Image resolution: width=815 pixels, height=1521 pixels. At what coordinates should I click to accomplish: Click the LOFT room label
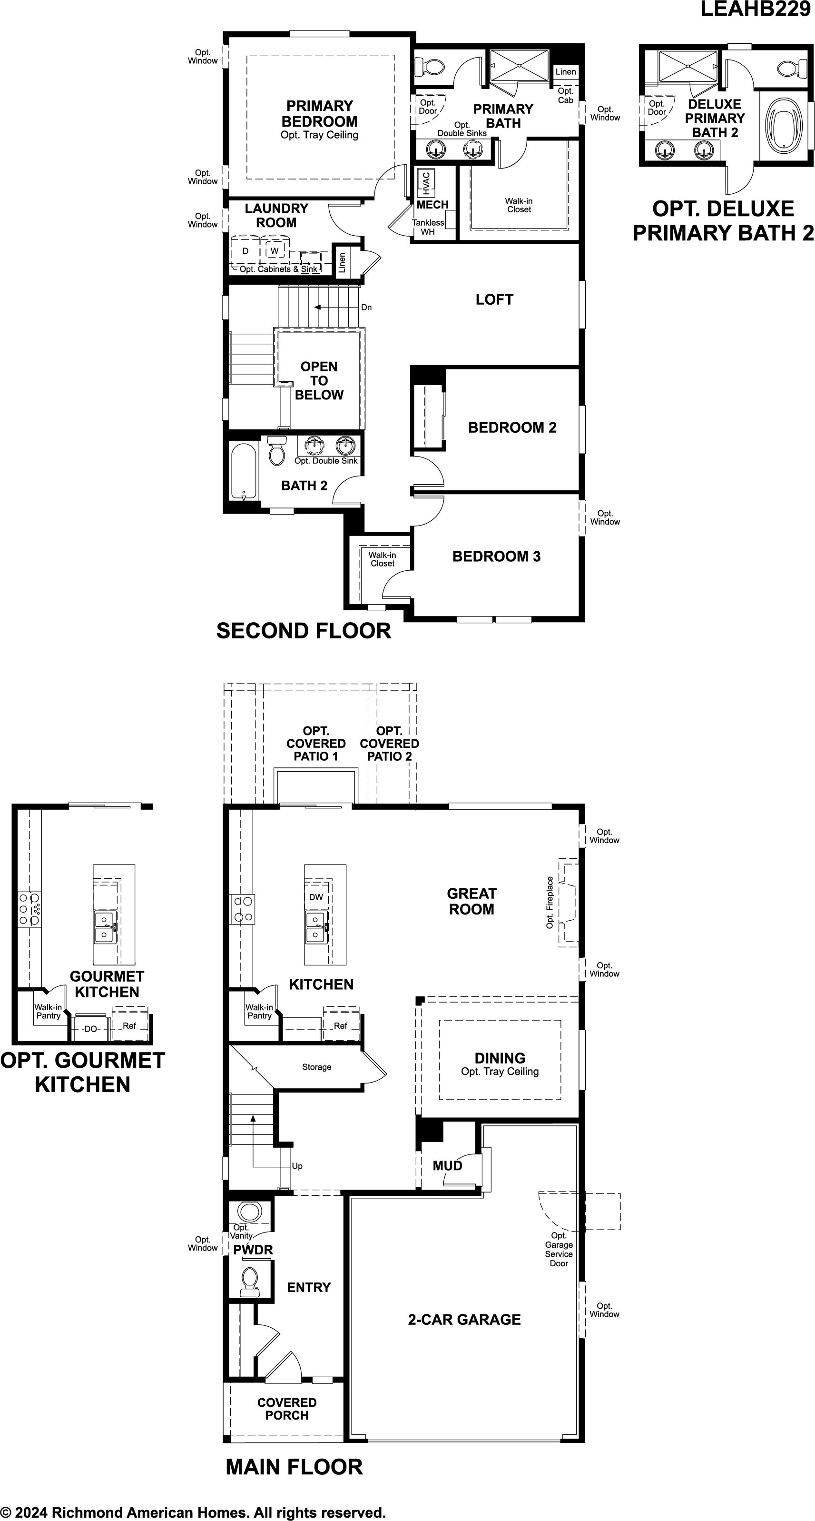[x=494, y=299]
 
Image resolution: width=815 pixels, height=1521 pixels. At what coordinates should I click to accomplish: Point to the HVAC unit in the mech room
[x=425, y=183]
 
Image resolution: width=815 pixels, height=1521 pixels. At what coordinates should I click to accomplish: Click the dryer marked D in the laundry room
[x=246, y=251]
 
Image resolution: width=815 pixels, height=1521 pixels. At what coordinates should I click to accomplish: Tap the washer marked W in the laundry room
[x=275, y=251]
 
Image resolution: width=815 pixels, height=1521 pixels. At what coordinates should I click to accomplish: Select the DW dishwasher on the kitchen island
[x=316, y=897]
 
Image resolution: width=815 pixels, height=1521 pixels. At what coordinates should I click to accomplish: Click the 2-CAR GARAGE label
[x=464, y=1320]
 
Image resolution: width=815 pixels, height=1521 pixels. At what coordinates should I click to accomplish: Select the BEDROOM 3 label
[x=496, y=556]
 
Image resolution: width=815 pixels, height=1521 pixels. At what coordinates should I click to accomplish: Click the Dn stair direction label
[x=366, y=308]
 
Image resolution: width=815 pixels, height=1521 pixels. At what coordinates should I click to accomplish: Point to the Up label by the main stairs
[x=297, y=1166]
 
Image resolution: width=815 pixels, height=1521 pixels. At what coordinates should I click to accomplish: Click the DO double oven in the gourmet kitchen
[x=90, y=1029]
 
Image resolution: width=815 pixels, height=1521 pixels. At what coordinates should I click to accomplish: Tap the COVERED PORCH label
[x=287, y=1409]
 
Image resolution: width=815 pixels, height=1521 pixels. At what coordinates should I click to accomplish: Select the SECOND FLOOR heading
[x=304, y=631]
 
